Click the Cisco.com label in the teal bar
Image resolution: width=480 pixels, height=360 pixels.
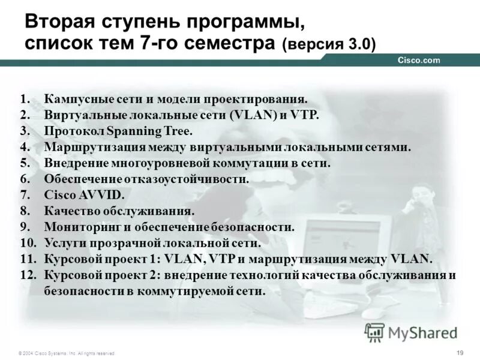[x=419, y=60]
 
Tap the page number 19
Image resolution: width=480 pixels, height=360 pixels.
[x=460, y=352]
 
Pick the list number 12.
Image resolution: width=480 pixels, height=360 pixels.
[x=27, y=275]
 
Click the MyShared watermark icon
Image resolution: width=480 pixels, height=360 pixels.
[x=375, y=332]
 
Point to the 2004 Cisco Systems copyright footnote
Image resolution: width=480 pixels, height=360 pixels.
[x=66, y=353]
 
